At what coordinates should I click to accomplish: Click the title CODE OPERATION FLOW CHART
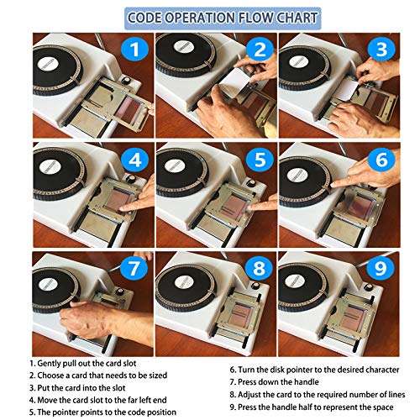coord(210,18)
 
